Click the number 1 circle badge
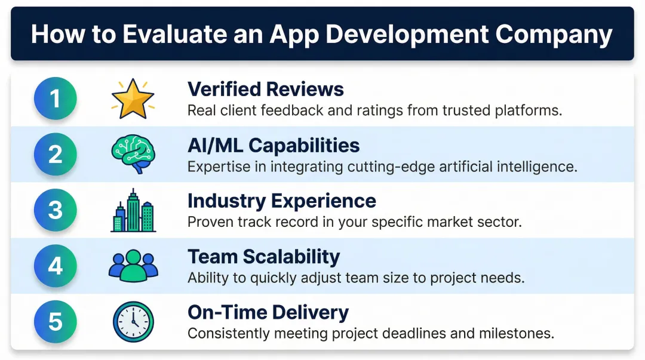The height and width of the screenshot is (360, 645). pos(56,98)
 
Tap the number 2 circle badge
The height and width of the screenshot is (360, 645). pos(56,154)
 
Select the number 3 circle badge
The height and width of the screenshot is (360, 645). pos(56,210)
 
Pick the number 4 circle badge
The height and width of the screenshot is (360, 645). pos(56,266)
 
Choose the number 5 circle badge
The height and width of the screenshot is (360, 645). pos(56,322)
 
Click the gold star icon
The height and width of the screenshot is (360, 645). pos(133,99)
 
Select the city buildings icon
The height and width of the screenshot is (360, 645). pos(133,211)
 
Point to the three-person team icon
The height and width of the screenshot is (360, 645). pos(133,266)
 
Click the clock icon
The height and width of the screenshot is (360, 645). pos(133,322)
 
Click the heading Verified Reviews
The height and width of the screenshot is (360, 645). pos(266,89)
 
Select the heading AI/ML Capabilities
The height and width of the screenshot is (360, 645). pos(274,145)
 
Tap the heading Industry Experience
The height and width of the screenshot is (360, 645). pos(282,201)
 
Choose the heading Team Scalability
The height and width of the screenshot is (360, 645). pos(263,257)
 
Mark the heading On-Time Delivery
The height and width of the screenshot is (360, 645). pos(268,312)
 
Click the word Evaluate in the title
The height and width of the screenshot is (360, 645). pos(168,35)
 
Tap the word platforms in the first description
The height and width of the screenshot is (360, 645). pos(527,110)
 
